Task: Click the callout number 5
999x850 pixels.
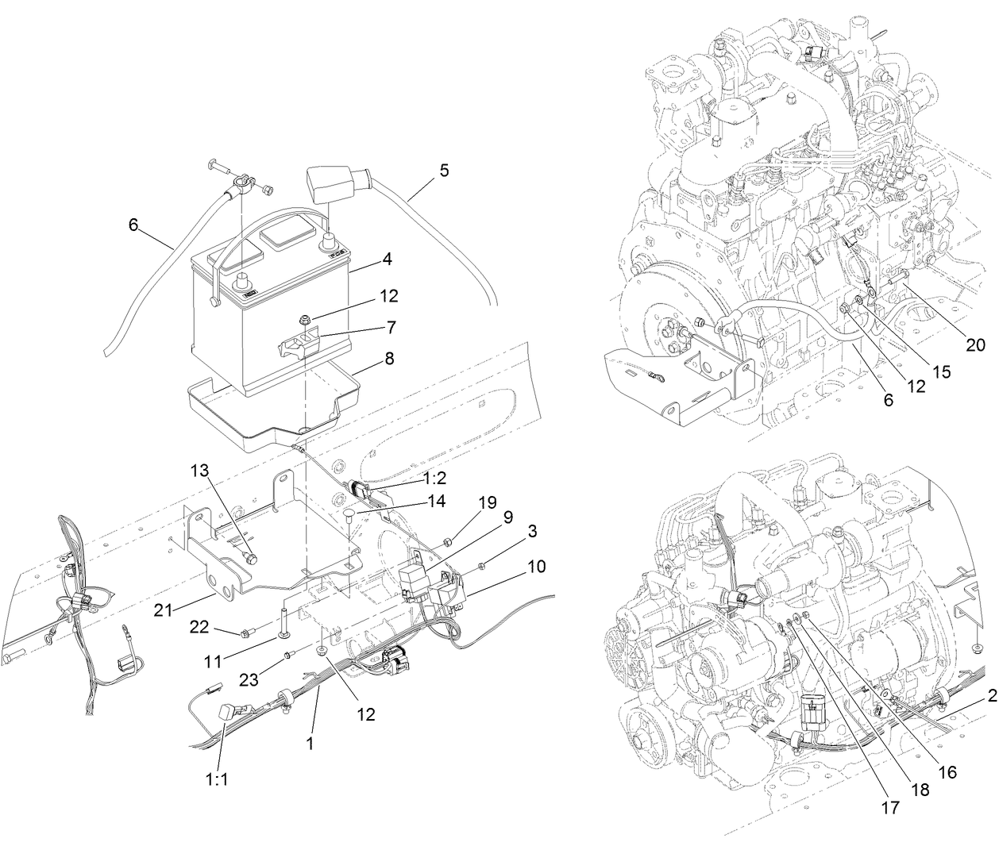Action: click(x=443, y=169)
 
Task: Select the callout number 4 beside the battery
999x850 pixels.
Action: click(x=387, y=258)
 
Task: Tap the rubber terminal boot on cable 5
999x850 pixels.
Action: click(x=329, y=183)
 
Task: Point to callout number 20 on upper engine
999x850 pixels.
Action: click(x=975, y=344)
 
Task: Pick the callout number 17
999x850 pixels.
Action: click(x=889, y=807)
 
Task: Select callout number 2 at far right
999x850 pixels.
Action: click(x=992, y=695)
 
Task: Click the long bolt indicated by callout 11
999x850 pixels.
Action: click(x=283, y=624)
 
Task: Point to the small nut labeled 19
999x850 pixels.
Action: click(x=448, y=542)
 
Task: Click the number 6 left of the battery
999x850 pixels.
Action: click(x=133, y=225)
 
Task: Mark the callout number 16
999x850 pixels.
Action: click(x=946, y=771)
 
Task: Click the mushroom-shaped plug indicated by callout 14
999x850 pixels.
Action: click(x=347, y=517)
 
